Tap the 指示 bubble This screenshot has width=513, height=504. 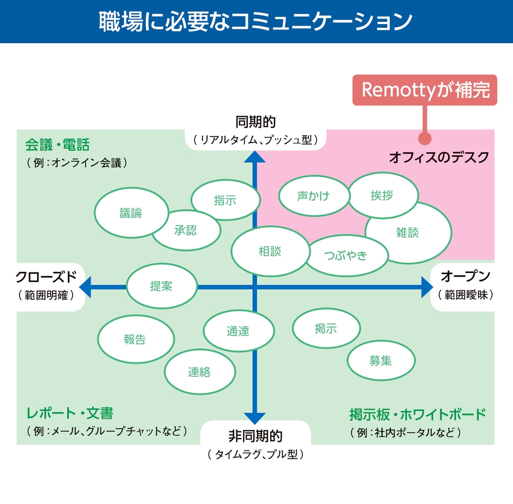point(225,200)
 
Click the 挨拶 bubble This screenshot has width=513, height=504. point(382,195)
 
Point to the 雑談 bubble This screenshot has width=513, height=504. point(408,232)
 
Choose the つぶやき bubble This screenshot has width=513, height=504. point(346,256)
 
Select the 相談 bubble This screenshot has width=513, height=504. point(270,252)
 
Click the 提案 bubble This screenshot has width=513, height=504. point(162,286)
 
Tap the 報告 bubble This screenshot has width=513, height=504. point(135,339)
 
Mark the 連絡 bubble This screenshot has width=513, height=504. point(199,372)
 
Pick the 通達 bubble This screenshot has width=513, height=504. point(238,330)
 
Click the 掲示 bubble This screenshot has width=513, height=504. point(326,328)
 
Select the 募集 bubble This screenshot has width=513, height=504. point(380,360)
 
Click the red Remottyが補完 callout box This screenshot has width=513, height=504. point(425,90)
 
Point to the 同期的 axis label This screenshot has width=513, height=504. point(255,121)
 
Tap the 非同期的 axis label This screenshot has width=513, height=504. point(255,436)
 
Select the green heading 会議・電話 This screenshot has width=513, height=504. point(57,145)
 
